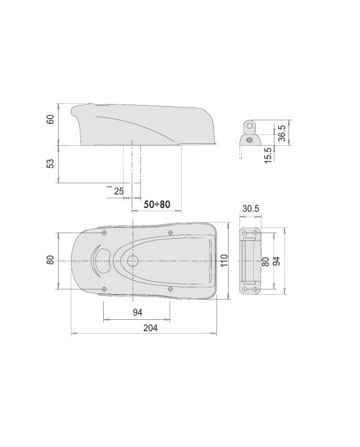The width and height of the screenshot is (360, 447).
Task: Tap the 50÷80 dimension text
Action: [x=157, y=205]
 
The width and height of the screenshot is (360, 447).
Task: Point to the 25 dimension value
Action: [x=118, y=191]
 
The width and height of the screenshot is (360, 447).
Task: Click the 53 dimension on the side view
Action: [x=51, y=163]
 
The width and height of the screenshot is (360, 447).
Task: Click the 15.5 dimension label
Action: [x=268, y=153]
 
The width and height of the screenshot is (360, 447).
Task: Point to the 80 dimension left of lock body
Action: [x=51, y=259]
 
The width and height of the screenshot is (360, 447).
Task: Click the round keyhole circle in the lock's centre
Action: [x=131, y=261]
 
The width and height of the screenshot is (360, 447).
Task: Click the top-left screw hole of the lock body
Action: [x=104, y=233]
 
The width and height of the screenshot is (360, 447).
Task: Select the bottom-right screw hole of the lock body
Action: [x=171, y=289]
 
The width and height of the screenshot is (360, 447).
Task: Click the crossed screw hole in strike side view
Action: [x=248, y=139]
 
